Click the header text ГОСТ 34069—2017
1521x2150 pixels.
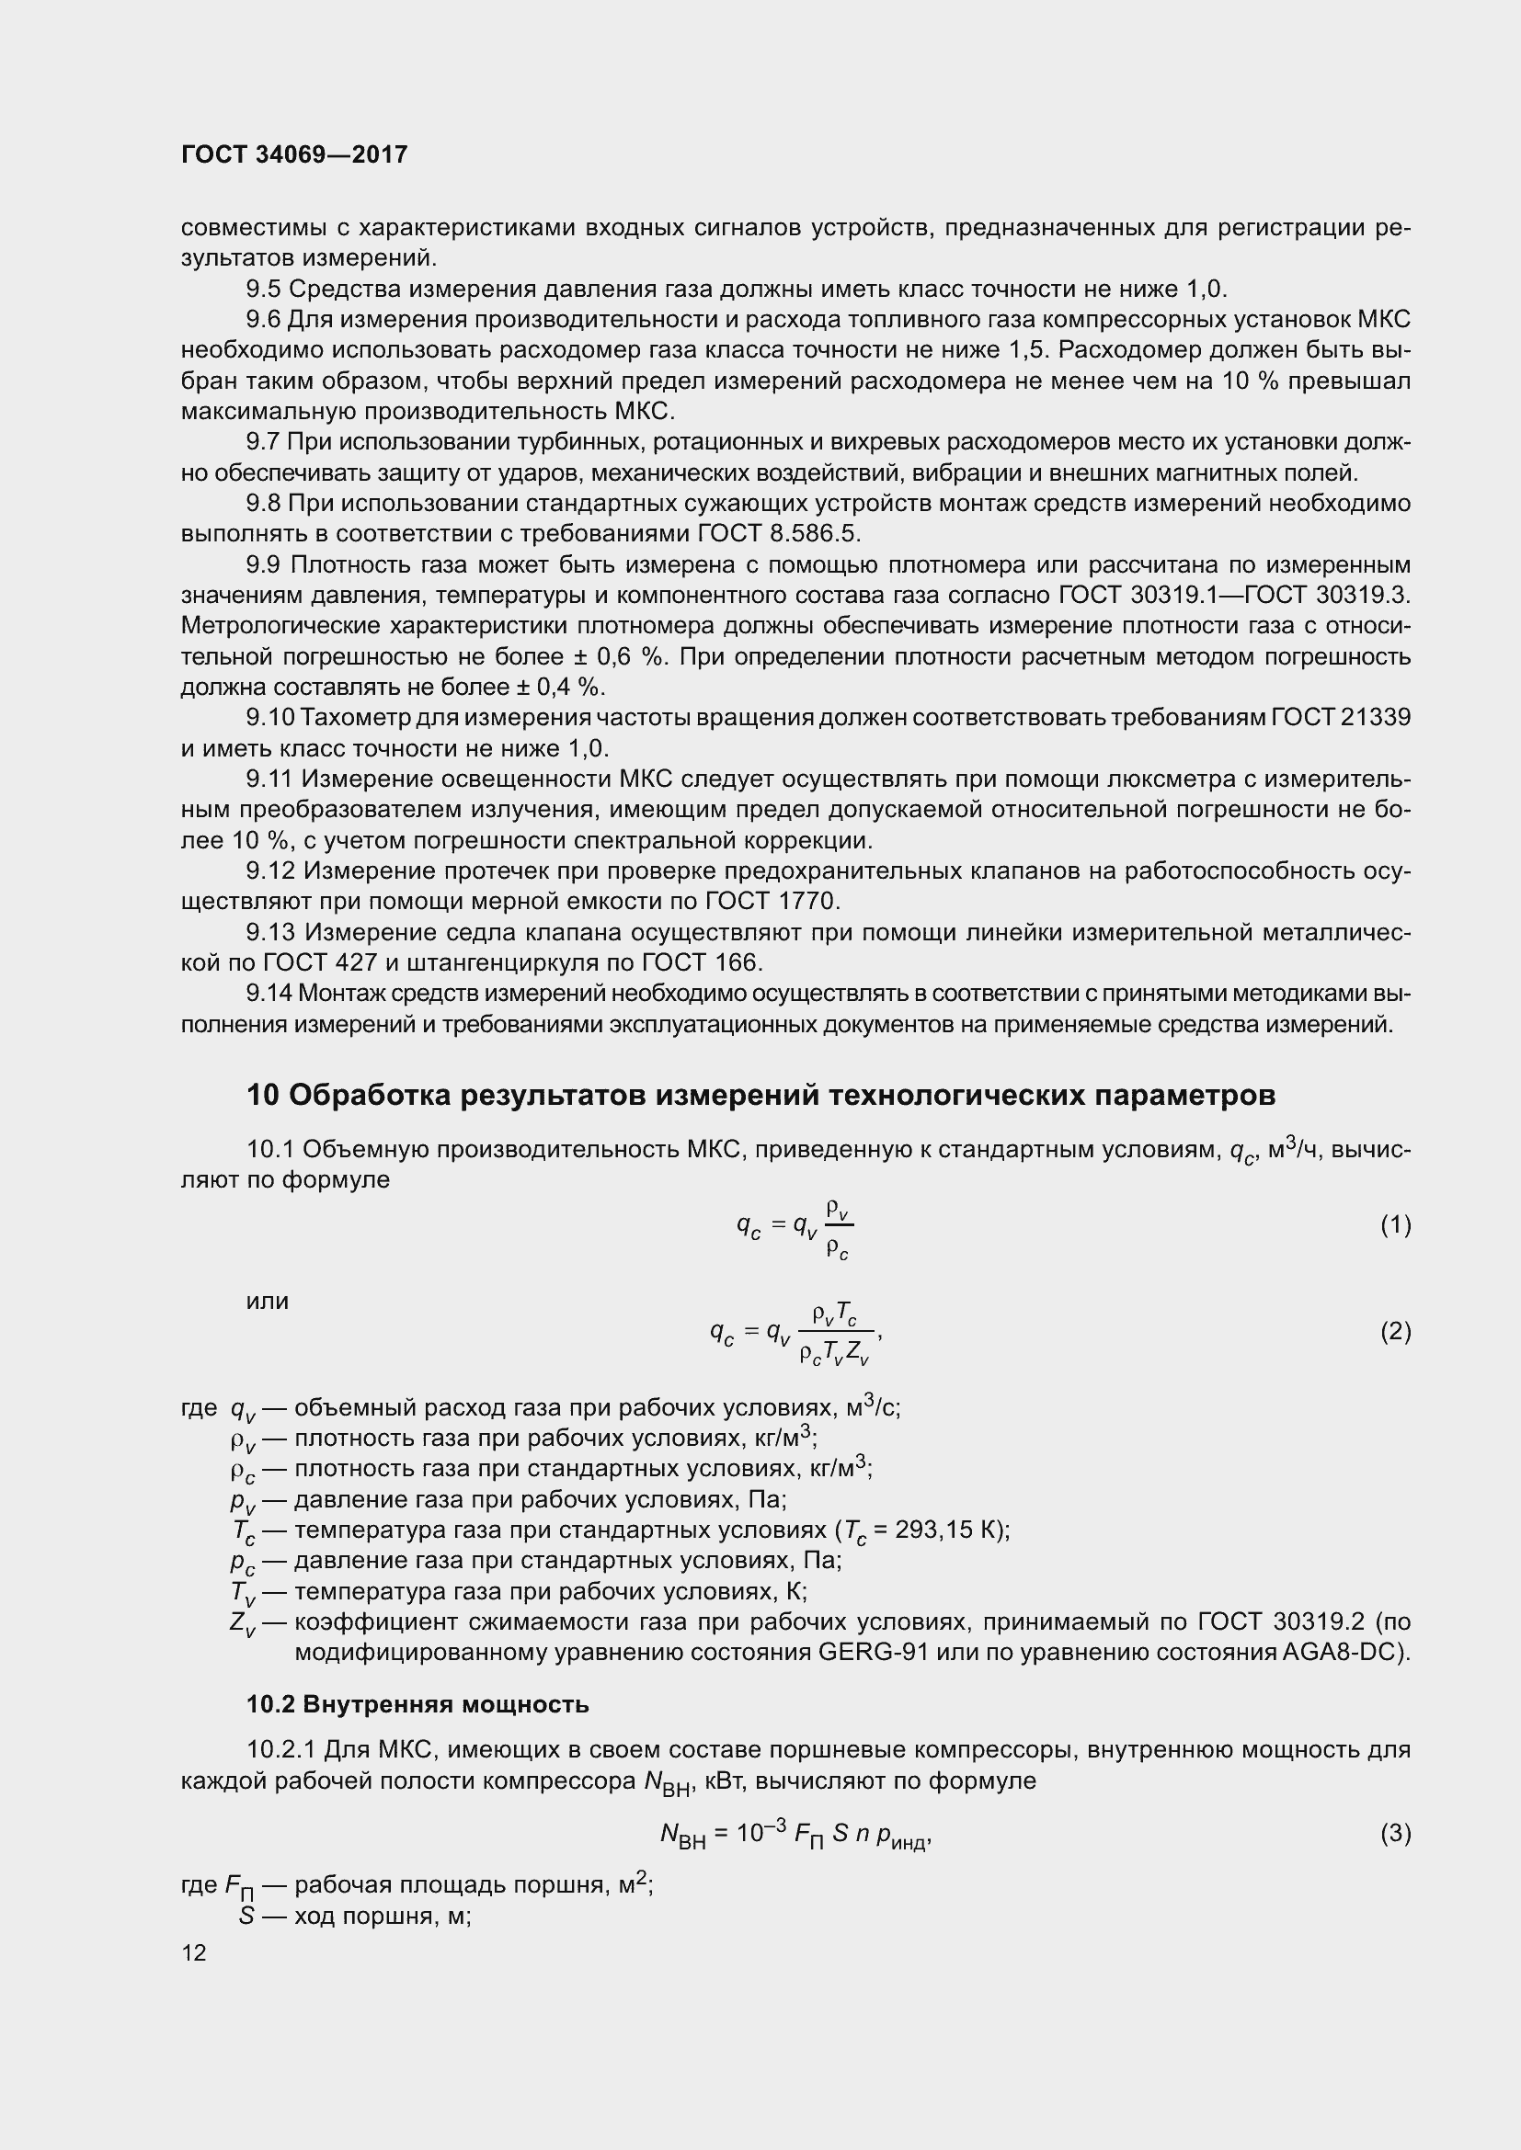[x=294, y=155]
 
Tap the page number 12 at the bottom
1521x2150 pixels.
[x=194, y=1952]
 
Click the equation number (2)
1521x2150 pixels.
[x=1395, y=1331]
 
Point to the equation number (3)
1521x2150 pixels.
[x=1395, y=1833]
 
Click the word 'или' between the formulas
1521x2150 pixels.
[x=267, y=1301]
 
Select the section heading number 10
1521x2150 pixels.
[x=263, y=1095]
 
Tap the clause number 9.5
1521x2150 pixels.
[x=264, y=289]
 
